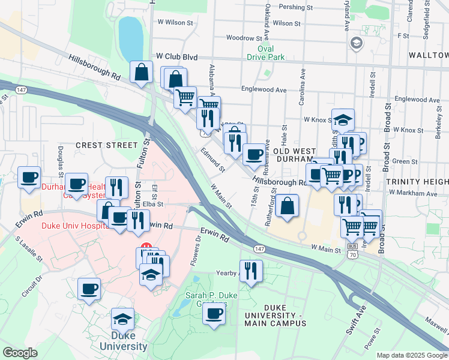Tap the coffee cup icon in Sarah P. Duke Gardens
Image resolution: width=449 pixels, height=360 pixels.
point(214,313)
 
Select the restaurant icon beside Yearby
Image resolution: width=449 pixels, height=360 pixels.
point(251,271)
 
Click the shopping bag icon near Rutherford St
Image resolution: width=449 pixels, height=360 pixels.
point(288,206)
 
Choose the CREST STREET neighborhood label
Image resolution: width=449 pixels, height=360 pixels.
point(106,145)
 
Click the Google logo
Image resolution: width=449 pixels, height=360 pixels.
point(20,353)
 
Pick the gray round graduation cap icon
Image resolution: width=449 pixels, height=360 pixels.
point(357,42)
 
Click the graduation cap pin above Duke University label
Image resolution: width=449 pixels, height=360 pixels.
point(122,319)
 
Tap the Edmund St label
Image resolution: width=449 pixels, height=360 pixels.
point(213,160)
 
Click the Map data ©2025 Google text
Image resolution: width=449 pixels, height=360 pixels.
point(411,355)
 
